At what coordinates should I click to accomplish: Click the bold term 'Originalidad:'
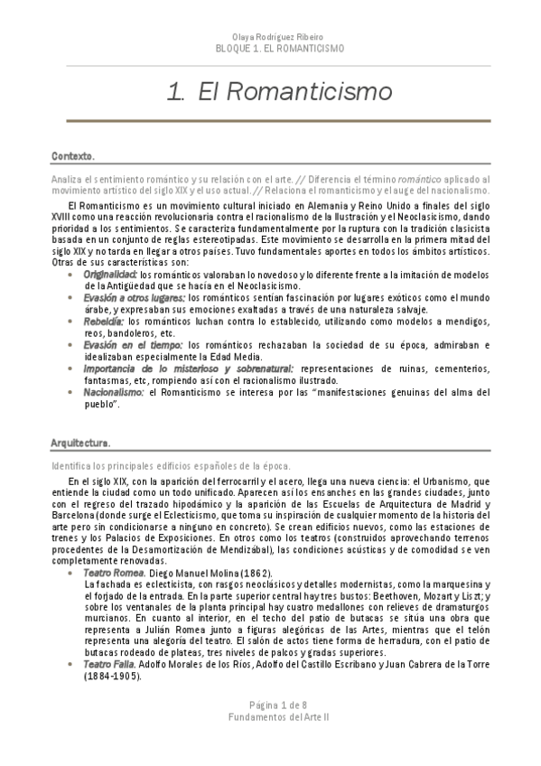[x=110, y=274]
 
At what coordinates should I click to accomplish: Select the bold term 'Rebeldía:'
[x=104, y=321]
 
